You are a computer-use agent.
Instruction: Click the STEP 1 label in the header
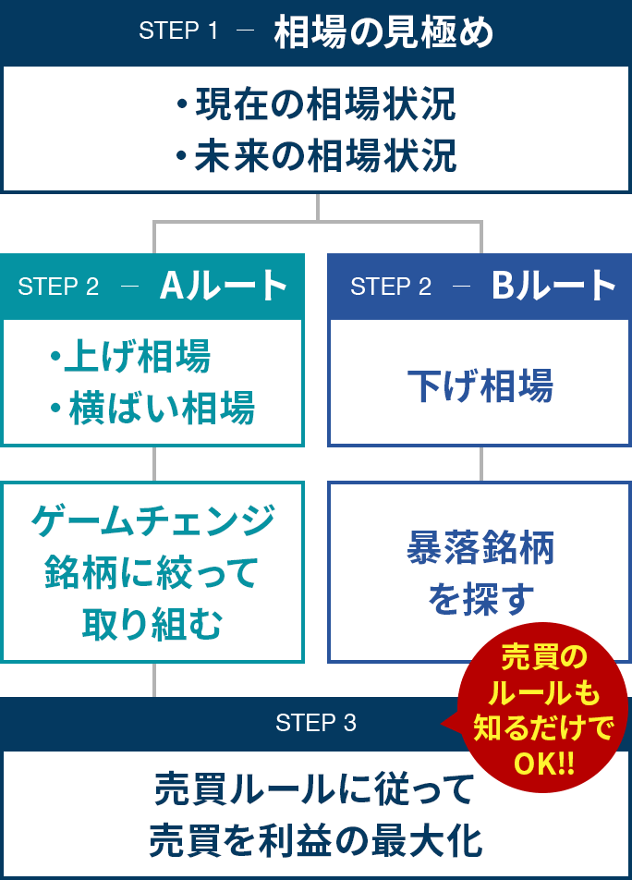coord(178,31)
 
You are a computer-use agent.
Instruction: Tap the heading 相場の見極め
coord(383,33)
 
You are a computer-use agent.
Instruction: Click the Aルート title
coord(224,287)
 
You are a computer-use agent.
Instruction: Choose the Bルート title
coord(553,287)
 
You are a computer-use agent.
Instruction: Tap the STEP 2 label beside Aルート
coord(58,287)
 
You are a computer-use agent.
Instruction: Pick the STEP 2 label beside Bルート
coord(391,287)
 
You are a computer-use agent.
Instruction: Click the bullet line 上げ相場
coord(130,357)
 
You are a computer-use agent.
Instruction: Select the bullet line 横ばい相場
coord(152,408)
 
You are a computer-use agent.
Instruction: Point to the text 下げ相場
coord(480,385)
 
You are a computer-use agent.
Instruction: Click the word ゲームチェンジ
coord(153,521)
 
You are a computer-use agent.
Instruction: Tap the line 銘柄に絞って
coord(153,573)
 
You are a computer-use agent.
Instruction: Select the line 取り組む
coord(153,625)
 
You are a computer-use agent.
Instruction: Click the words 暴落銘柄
coord(480,549)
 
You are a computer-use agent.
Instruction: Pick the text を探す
coord(480,601)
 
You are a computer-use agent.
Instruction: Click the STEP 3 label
coord(316,723)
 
